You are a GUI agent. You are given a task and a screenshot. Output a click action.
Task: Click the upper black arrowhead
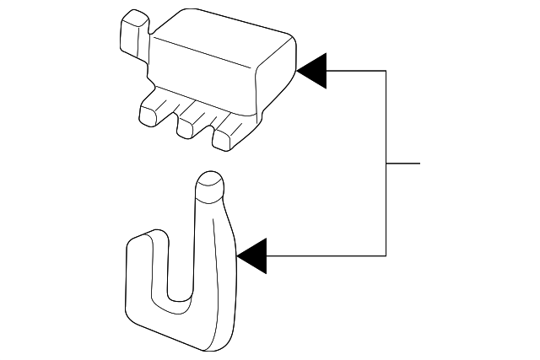[313, 71]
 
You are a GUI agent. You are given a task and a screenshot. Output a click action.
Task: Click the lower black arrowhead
[253, 255]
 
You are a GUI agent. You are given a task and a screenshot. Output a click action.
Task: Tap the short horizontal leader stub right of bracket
[403, 163]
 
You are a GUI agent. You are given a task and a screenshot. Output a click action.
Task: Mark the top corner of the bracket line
[386, 71]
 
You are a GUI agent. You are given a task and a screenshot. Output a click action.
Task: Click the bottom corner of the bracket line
[386, 255]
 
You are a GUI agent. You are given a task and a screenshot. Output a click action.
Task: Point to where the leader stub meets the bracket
[386, 163]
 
